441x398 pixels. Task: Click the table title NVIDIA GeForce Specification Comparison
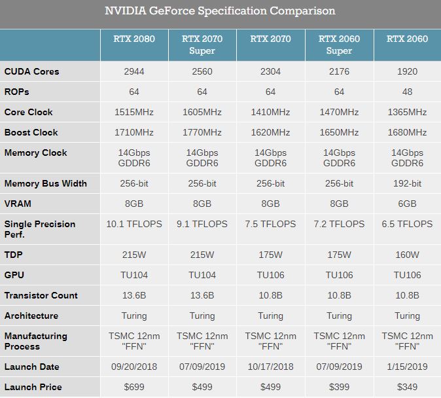click(220, 11)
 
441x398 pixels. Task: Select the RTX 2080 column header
click(134, 39)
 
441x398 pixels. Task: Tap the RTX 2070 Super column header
click(202, 45)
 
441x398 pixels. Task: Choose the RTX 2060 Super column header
click(339, 45)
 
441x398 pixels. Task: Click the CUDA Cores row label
click(31, 71)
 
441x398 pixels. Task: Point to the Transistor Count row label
click(41, 295)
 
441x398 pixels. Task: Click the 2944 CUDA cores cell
click(134, 71)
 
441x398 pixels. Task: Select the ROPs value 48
click(407, 92)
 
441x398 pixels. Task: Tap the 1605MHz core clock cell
click(202, 112)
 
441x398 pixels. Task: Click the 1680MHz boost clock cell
click(407, 132)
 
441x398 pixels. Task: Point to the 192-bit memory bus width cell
click(407, 183)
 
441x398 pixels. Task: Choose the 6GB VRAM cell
click(407, 204)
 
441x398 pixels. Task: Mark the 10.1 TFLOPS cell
click(134, 224)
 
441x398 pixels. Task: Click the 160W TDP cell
click(407, 255)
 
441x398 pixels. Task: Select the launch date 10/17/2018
click(270, 367)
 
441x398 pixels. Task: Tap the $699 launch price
click(134, 387)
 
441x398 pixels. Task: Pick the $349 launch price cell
click(407, 387)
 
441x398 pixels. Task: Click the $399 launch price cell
click(339, 387)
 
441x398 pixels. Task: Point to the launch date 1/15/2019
click(407, 367)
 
